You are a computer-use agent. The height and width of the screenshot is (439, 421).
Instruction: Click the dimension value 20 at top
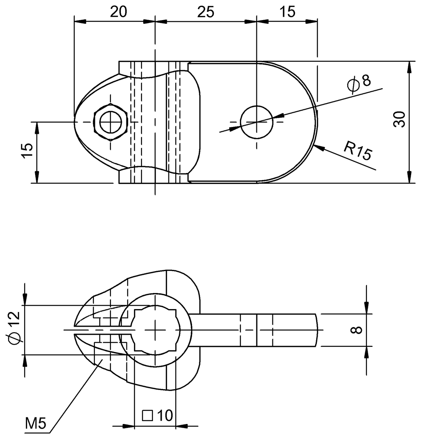click(119, 12)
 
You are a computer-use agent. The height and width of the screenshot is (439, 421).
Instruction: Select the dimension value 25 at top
click(206, 12)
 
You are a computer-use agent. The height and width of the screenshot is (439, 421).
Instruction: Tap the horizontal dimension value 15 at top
click(288, 12)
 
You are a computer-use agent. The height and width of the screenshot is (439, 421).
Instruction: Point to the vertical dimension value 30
click(399, 119)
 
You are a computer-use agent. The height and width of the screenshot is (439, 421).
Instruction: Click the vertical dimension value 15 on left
click(27, 151)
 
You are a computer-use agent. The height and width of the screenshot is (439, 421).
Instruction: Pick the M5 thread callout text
click(35, 424)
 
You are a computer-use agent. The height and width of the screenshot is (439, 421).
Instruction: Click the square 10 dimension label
click(157, 416)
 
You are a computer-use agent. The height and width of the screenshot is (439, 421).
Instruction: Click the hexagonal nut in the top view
click(110, 122)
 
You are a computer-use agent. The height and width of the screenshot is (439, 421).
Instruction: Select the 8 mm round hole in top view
click(257, 122)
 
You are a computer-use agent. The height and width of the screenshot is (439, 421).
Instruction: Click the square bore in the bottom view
click(156, 330)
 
